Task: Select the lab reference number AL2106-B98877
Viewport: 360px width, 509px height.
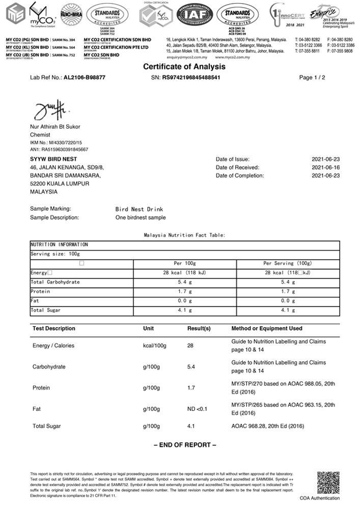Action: click(x=85, y=78)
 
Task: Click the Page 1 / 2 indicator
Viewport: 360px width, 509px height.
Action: click(x=312, y=78)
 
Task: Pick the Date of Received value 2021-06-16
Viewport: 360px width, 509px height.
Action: click(x=325, y=167)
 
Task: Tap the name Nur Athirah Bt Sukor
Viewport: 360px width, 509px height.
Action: click(x=55, y=127)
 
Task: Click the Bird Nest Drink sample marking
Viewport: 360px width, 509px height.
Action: click(x=139, y=209)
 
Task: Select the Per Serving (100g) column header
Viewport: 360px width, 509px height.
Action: click(x=287, y=264)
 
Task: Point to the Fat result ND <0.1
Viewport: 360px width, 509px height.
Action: click(x=198, y=409)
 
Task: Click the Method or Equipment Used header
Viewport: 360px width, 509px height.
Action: click(x=266, y=329)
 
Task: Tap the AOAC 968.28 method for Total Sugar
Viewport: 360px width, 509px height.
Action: click(x=267, y=426)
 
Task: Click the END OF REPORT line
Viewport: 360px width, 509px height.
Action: click(x=185, y=445)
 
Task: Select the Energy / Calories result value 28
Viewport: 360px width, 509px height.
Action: click(x=191, y=346)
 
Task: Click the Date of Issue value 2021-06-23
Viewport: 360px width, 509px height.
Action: click(x=325, y=159)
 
